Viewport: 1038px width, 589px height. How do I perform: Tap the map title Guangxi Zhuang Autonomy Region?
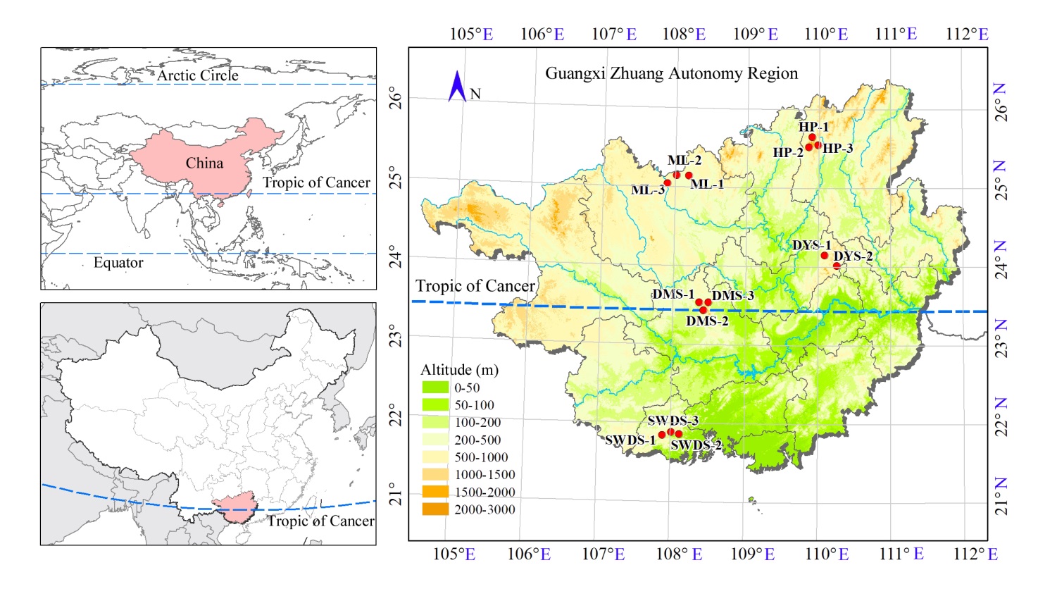(x=671, y=73)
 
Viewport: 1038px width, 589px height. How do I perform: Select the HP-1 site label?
(x=813, y=127)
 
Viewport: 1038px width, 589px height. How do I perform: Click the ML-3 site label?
(x=647, y=190)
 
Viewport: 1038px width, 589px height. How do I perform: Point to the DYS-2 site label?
(x=853, y=256)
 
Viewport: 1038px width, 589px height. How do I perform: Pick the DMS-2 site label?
(x=707, y=321)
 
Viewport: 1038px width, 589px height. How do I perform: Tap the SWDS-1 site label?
(x=630, y=440)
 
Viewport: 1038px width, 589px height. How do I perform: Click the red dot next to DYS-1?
(x=825, y=255)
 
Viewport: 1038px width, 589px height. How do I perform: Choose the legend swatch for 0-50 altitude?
(x=435, y=387)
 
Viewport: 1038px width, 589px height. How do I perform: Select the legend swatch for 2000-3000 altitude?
(x=435, y=509)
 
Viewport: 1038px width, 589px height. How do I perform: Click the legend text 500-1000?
(x=481, y=457)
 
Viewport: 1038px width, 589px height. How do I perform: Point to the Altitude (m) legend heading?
(x=459, y=370)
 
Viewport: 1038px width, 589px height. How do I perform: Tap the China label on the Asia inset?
(x=204, y=163)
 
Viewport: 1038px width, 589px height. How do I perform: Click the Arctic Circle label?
(x=197, y=75)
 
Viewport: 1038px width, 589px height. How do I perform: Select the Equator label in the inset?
(x=118, y=263)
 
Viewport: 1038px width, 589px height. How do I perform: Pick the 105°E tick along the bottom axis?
(x=454, y=554)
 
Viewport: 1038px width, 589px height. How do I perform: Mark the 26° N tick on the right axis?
(x=1000, y=103)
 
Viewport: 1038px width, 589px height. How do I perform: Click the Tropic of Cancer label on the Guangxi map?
(x=475, y=286)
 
